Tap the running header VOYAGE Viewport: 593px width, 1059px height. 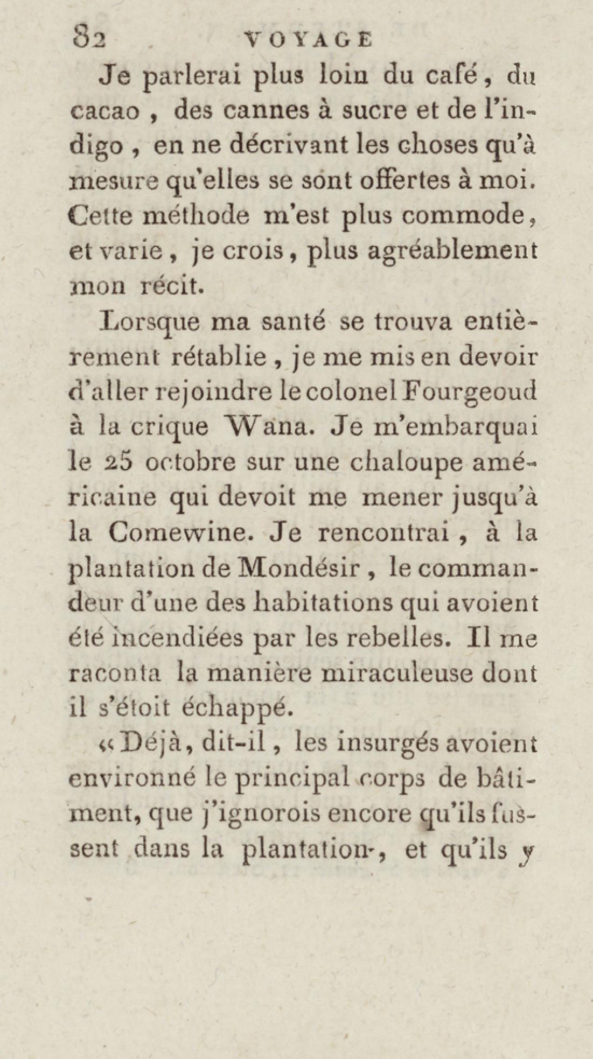point(308,40)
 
